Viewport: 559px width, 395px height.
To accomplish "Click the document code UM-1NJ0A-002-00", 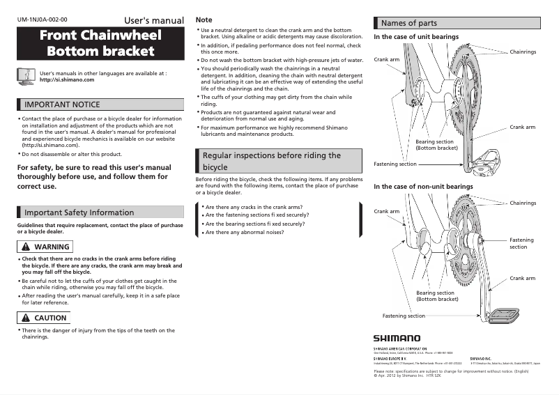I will pyautogui.click(x=43, y=20).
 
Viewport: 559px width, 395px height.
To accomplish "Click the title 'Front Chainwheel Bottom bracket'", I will pyautogui.click(x=100, y=43).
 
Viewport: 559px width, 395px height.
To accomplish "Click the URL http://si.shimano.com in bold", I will pyautogui.click(x=67, y=79).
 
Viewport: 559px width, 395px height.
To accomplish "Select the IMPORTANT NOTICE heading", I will pyautogui.click(x=63, y=104).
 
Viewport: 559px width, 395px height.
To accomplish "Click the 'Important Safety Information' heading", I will pyautogui.click(x=79, y=212).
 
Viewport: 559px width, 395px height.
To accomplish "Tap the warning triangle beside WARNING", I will pyautogui.click(x=26, y=247).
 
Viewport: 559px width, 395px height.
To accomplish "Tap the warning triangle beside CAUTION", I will pyautogui.click(x=26, y=318).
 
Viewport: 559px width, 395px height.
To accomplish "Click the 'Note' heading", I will pyautogui.click(x=204, y=20).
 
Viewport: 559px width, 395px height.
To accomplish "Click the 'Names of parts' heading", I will pyautogui.click(x=409, y=24).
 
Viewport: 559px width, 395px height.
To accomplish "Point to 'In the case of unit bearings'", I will pyautogui.click(x=416, y=36).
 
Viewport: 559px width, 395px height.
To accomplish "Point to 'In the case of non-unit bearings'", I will pyautogui.click(x=423, y=187).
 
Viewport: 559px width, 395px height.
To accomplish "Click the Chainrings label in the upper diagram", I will pyautogui.click(x=523, y=52).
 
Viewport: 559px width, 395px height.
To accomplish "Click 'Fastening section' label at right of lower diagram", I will pyautogui.click(x=521, y=243).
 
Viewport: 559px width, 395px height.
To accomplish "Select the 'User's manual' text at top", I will pyautogui.click(x=153, y=20).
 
